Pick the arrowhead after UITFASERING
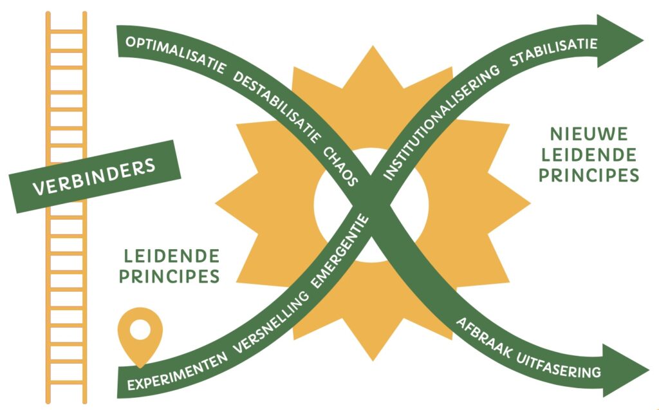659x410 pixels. [623, 371]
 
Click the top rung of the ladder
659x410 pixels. [66, 31]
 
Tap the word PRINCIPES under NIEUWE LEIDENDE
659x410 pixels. [588, 175]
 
